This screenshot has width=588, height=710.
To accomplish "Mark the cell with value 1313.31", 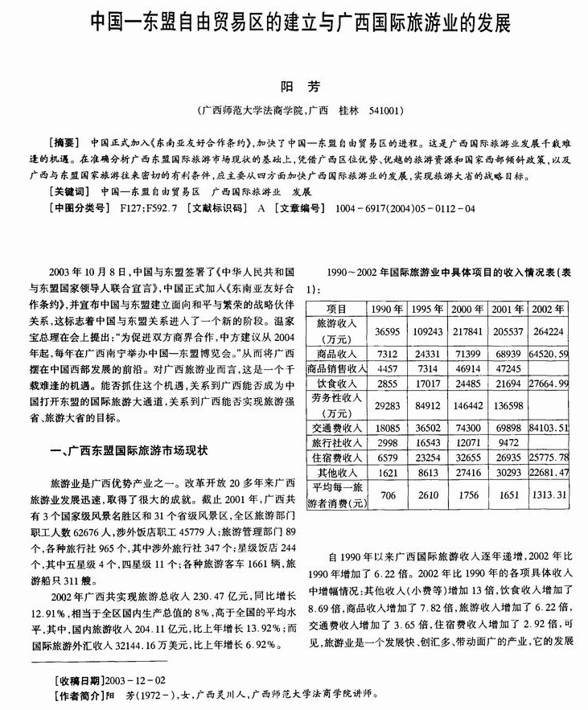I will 550,495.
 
